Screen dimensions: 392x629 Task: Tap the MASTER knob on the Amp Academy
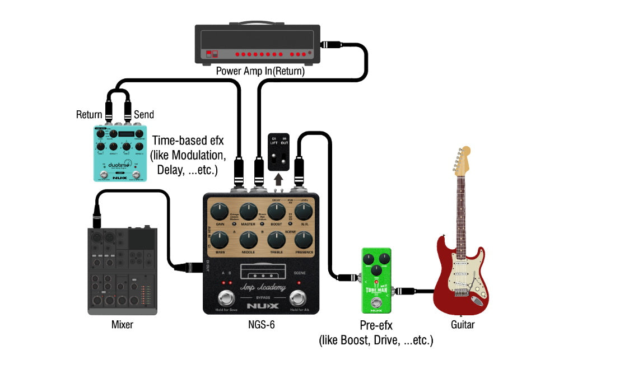[x=248, y=212]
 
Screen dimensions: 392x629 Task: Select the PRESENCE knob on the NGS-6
[x=303, y=240]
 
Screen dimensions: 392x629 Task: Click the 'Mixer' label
[x=122, y=324]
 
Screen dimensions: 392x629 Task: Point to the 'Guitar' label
[x=463, y=324]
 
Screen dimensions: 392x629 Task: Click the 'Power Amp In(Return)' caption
[x=260, y=71]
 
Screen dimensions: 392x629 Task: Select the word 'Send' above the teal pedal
[x=143, y=115]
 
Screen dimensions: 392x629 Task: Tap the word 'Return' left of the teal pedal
[x=89, y=115]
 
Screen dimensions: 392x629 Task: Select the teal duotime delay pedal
[x=119, y=153]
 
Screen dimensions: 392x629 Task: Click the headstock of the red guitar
[x=464, y=158]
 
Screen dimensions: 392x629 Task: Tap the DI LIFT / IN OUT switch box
[x=279, y=152]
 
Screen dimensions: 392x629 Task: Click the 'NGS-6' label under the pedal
[x=260, y=324]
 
